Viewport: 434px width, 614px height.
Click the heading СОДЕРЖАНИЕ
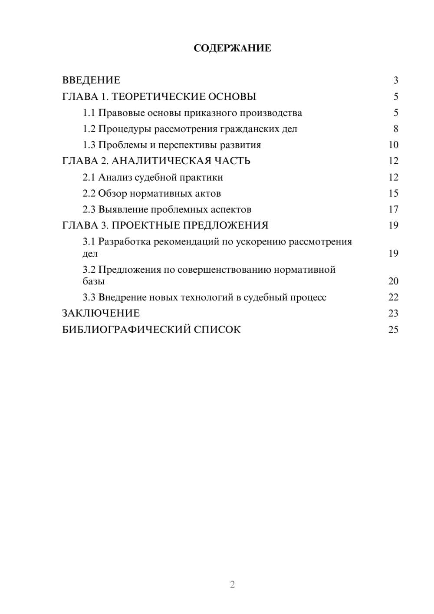[x=232, y=48]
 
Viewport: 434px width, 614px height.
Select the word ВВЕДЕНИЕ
[x=91, y=80]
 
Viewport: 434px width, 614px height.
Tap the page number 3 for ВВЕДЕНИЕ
[x=395, y=80]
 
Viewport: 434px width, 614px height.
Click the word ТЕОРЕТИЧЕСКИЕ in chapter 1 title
[x=158, y=96]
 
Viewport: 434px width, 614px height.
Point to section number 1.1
[x=89, y=113]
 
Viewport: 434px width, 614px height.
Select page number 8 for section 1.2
[x=395, y=129]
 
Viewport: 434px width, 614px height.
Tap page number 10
[x=393, y=145]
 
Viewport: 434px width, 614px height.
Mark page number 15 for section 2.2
[x=393, y=193]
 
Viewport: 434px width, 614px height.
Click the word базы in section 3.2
[x=94, y=281]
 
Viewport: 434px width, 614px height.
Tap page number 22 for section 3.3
[x=393, y=297]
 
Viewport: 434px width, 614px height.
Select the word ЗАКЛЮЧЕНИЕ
[x=101, y=314]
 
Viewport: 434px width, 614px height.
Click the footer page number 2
[x=232, y=584]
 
